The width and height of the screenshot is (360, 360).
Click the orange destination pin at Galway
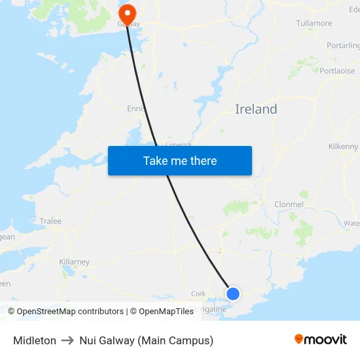click(x=126, y=13)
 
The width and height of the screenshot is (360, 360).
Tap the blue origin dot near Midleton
click(x=232, y=293)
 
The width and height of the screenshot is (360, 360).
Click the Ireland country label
click(x=256, y=109)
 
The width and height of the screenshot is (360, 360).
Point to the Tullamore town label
click(x=314, y=24)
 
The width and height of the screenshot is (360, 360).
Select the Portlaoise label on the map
click(x=337, y=71)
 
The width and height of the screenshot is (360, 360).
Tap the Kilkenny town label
click(x=344, y=147)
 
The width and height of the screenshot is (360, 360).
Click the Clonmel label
click(x=289, y=204)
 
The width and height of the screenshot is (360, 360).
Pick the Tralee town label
click(x=50, y=221)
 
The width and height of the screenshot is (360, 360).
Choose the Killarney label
click(x=74, y=262)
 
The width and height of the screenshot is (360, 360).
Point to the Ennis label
click(x=136, y=109)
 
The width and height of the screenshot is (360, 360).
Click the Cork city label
click(x=198, y=294)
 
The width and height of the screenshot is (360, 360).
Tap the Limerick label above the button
click(x=179, y=144)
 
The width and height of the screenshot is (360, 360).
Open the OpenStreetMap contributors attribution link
click(x=70, y=312)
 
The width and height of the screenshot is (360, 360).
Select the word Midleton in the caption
click(x=35, y=340)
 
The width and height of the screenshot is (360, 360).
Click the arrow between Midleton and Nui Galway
click(x=67, y=340)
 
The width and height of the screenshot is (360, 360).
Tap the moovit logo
click(x=320, y=340)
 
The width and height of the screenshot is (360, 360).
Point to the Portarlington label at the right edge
click(x=344, y=46)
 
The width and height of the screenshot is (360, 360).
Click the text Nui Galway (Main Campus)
click(x=146, y=340)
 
